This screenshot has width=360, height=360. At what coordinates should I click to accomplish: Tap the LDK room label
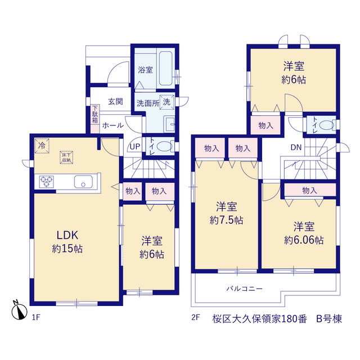67,235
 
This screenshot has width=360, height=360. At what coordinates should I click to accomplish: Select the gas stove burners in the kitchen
46,182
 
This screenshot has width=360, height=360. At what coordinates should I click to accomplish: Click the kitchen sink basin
83,182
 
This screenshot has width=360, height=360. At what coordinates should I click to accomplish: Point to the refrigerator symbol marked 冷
42,146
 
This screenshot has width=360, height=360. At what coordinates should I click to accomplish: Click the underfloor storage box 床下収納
66,157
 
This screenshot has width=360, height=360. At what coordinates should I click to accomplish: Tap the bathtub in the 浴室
166,69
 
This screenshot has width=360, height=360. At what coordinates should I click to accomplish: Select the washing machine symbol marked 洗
167,102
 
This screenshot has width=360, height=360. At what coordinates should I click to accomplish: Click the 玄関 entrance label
115,101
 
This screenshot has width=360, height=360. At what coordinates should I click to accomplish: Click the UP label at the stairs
135,146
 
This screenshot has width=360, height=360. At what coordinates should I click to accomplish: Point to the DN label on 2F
296,147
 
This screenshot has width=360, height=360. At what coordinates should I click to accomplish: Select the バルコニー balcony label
244,289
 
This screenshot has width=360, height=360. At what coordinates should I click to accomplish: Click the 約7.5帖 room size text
226,220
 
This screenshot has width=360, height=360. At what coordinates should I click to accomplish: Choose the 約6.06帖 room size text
304,240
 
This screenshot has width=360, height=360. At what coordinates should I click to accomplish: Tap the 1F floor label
36,317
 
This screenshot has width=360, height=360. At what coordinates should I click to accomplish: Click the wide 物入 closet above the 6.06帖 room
310,190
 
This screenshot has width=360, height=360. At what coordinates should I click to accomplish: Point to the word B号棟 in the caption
329,319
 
